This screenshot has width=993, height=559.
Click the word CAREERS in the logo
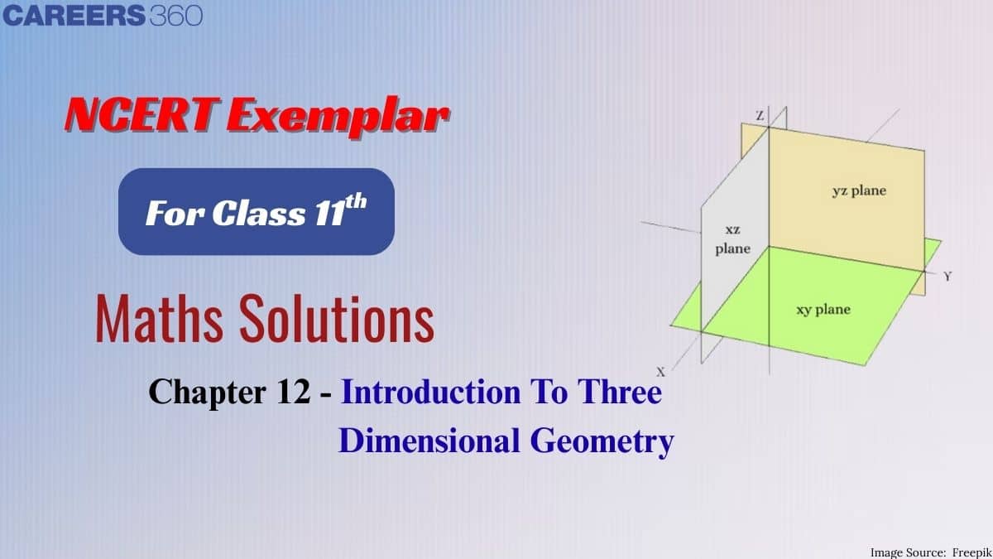point(74,16)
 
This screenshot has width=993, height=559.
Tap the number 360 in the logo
point(176,16)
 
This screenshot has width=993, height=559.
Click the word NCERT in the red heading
point(142,114)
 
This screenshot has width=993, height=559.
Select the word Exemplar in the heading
point(338,117)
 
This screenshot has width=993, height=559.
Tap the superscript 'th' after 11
point(356,202)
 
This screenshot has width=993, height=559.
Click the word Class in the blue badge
point(259,214)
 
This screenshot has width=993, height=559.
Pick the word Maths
point(159,319)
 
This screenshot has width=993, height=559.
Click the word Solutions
point(337,318)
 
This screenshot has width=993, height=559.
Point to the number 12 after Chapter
point(293,392)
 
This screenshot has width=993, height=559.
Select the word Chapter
point(208,393)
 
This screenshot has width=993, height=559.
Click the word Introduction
point(430,392)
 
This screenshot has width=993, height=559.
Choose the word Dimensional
point(429,441)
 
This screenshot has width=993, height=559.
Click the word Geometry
point(602,443)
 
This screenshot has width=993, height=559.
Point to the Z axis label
point(760,116)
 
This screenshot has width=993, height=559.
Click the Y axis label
point(947,277)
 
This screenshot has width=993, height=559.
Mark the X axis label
point(660,372)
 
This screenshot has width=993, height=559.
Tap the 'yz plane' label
point(859,191)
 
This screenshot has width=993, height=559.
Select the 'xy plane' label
point(823,310)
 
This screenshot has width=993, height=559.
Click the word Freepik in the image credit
point(971,552)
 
